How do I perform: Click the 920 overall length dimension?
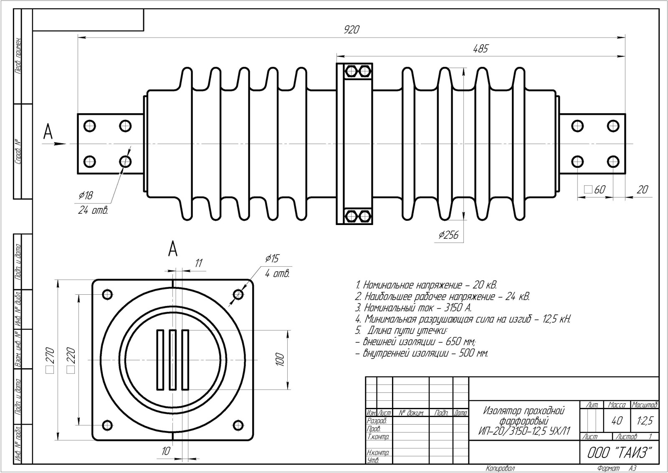point(351,30)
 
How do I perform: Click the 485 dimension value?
point(480,48)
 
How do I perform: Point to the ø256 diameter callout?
point(448,235)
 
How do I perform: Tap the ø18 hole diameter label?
point(86,195)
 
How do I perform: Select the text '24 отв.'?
point(93,210)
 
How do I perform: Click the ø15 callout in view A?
point(271,259)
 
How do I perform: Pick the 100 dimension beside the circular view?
point(280,359)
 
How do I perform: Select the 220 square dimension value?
point(71,359)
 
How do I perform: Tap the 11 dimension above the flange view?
point(199,263)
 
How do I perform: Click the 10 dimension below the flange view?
point(166,451)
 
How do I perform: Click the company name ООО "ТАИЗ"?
point(620,453)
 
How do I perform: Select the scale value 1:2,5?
point(645,421)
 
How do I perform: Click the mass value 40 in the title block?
point(617,421)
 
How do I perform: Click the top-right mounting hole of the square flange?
point(238,295)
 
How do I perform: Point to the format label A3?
point(632,469)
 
